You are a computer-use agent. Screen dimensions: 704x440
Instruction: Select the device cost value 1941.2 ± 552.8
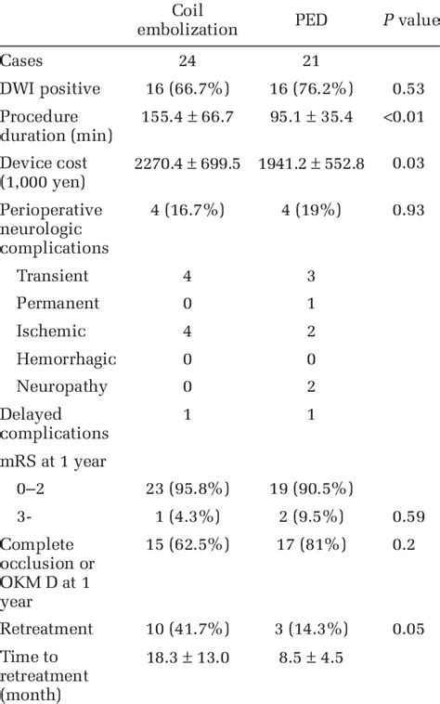[315, 163]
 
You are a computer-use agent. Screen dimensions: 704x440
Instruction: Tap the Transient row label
[53, 276]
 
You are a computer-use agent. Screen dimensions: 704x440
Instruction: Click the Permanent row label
[58, 304]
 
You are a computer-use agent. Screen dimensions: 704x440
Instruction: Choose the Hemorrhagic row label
[67, 359]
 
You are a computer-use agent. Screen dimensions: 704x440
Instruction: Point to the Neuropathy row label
[62, 387]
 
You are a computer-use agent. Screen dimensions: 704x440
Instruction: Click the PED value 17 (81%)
[315, 545]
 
